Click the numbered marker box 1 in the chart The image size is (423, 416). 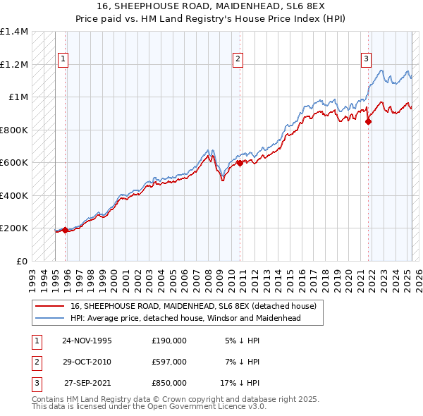pyautogui.click(x=63, y=60)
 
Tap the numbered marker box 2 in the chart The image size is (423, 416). pyautogui.click(x=238, y=60)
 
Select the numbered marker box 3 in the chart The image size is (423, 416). pyautogui.click(x=367, y=60)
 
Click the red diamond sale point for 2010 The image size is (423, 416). pyautogui.click(x=239, y=163)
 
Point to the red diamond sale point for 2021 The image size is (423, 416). pyautogui.click(x=368, y=121)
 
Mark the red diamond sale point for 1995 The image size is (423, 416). pyautogui.click(x=65, y=230)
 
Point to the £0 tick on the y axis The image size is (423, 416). pyautogui.click(x=21, y=261)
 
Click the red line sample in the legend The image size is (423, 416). pyautogui.click(x=49, y=306)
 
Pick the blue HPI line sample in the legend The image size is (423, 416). pyautogui.click(x=49, y=318)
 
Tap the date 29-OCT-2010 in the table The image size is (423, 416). pyautogui.click(x=87, y=362)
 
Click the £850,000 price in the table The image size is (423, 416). pyautogui.click(x=168, y=384)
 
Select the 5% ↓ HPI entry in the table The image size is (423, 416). pyautogui.click(x=243, y=340)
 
